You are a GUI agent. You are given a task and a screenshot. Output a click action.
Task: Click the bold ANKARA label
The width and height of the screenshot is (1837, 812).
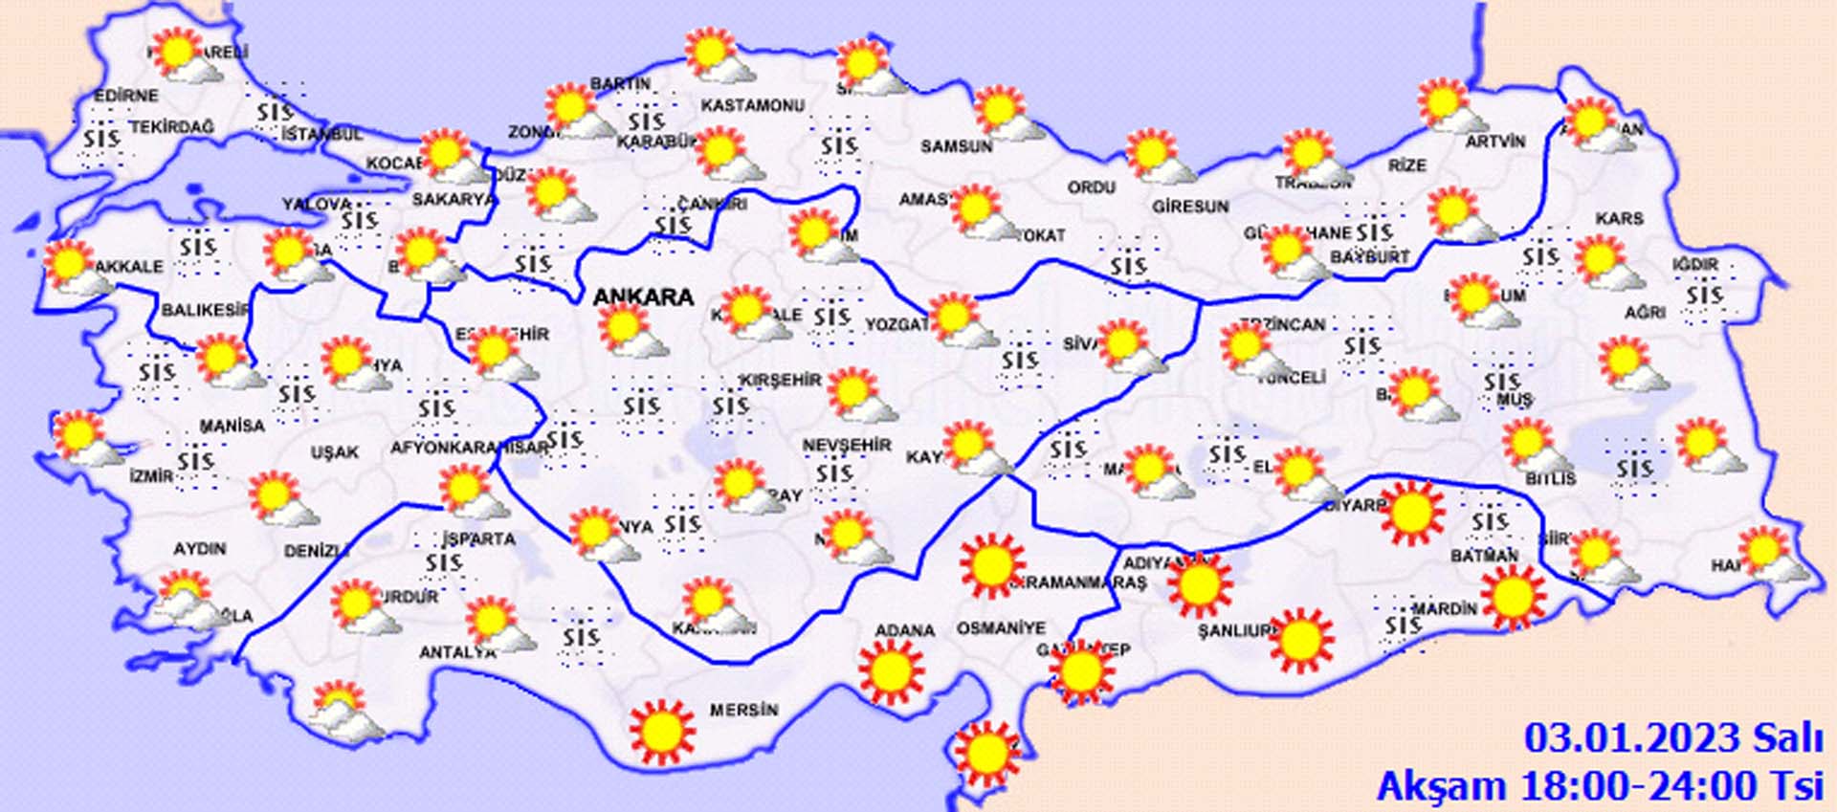pyautogui.click(x=643, y=297)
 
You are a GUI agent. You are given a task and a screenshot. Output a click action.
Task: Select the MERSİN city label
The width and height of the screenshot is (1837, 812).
pyautogui.click(x=743, y=711)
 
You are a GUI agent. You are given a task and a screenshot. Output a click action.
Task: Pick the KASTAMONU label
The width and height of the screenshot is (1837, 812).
pyautogui.click(x=752, y=105)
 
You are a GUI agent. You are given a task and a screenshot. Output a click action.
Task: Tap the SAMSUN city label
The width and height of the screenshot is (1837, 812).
pyautogui.click(x=956, y=146)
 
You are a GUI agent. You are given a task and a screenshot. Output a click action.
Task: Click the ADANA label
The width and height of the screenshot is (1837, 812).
pyautogui.click(x=904, y=630)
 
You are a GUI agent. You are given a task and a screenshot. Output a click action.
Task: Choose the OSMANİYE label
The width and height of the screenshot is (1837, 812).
pyautogui.click(x=1001, y=628)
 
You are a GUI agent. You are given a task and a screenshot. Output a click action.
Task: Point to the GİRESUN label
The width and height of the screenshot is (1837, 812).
pyautogui.click(x=1190, y=206)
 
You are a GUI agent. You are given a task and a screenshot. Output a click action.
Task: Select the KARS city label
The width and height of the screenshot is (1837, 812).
pyautogui.click(x=1619, y=219)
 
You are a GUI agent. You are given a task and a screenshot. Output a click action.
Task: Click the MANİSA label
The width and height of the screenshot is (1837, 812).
pyautogui.click(x=232, y=425)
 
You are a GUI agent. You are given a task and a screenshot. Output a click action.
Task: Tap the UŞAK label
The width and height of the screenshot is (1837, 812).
pyautogui.click(x=335, y=452)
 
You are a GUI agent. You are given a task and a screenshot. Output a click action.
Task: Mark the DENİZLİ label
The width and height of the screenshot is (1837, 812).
pyautogui.click(x=316, y=551)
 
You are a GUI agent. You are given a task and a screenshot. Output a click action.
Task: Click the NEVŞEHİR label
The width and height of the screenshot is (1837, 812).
pyautogui.click(x=847, y=446)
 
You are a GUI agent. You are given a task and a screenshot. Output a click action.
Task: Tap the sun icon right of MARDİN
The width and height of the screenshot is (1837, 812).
pyautogui.click(x=1513, y=597)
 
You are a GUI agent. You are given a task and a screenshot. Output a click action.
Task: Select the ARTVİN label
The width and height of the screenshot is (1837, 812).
pyautogui.click(x=1495, y=142)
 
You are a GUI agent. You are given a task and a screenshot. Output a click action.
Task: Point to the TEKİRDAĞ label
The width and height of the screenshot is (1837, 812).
pyautogui.click(x=172, y=127)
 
